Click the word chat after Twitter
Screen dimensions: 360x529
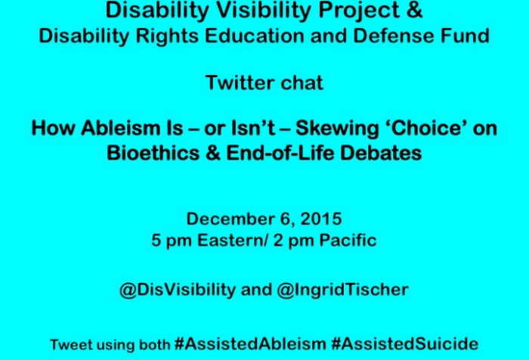[302, 82]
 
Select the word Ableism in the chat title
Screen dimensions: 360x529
[114, 129]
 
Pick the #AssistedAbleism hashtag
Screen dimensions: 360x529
[249, 343]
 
